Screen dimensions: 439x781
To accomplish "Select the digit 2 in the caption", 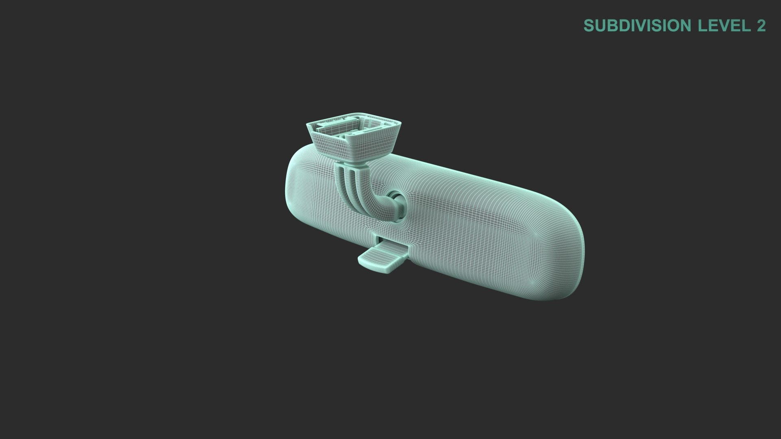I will (x=761, y=26).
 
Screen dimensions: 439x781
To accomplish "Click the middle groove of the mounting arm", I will (x=350, y=183).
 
